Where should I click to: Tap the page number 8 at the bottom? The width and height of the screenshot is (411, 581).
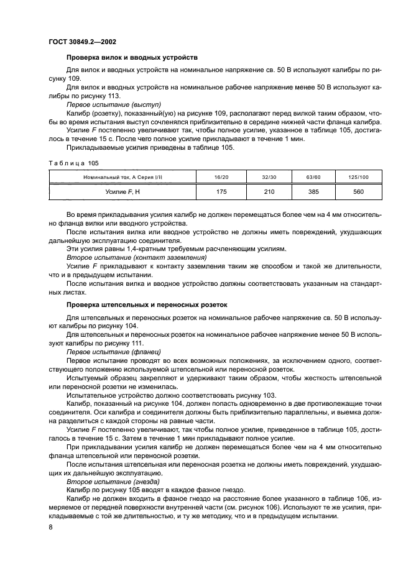pyautogui.click(x=50, y=528)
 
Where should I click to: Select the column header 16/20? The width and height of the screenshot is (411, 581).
pyautogui.click(x=221, y=177)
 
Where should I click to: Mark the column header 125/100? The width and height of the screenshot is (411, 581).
pyautogui.click(x=358, y=177)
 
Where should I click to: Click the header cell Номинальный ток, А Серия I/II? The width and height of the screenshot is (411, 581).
pyautogui.click(x=122, y=177)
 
